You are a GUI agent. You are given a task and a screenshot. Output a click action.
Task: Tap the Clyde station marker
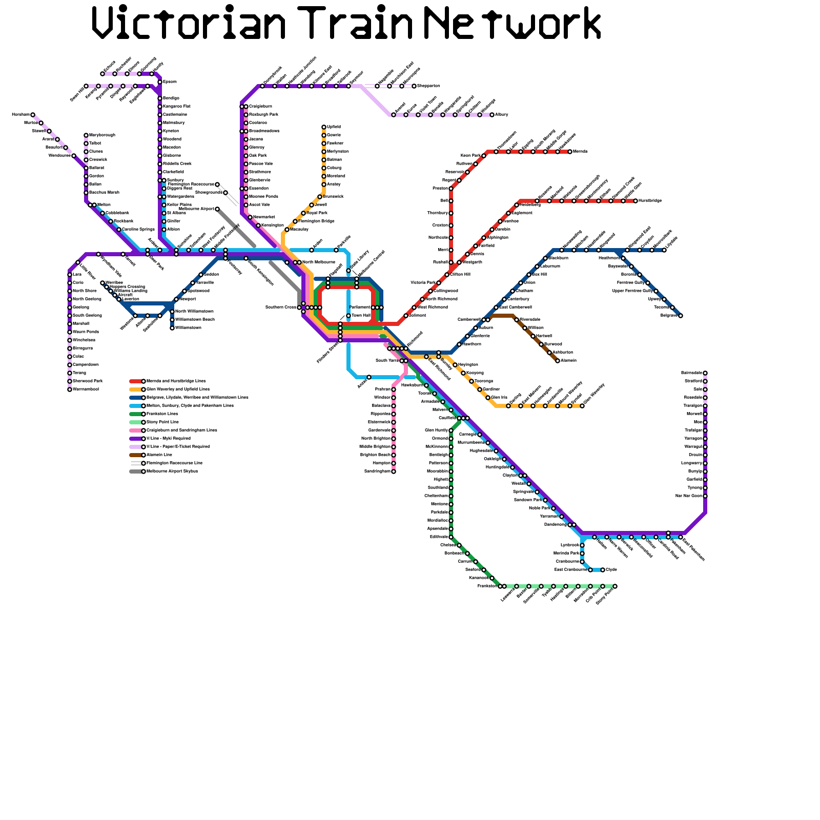pos(603,570)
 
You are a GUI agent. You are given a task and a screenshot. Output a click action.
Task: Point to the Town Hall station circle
pos(348,316)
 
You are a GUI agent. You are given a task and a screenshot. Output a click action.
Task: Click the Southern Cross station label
pos(280,307)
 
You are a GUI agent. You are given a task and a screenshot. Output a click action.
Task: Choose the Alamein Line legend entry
pos(159,455)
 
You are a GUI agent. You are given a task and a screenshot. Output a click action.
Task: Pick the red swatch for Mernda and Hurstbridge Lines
pos(135,381)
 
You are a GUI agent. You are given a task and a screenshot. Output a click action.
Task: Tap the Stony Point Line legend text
pos(162,422)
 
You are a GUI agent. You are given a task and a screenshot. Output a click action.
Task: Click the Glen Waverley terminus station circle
pos(582,406)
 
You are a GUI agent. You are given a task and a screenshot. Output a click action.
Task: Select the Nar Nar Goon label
pos(689,496)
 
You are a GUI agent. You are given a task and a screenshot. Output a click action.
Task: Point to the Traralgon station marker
pos(705,406)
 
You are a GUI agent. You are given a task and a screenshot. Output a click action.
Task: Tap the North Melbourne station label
pos(318,262)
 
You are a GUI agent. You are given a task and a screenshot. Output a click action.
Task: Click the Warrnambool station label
pos(86,389)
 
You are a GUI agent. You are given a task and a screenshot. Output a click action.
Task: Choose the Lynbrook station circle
pos(582,545)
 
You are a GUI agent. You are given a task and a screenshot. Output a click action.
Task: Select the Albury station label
pos(502,114)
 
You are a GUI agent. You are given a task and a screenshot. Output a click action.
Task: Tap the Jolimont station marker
pos(406,316)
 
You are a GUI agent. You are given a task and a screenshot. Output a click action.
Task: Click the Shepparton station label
pos(428,86)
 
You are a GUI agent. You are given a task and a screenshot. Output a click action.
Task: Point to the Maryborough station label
pos(102,135)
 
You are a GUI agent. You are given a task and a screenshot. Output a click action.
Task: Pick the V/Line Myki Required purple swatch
pos(135,439)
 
